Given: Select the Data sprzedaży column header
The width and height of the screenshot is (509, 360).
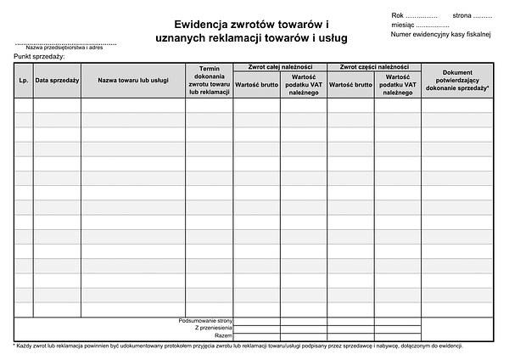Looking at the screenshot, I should click(x=57, y=80).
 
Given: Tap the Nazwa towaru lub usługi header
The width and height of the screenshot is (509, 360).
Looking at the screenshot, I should click(x=132, y=80).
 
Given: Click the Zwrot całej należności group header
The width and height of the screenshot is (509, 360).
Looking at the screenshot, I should click(x=279, y=66).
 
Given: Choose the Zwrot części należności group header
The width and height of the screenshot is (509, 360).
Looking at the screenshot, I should click(x=373, y=66).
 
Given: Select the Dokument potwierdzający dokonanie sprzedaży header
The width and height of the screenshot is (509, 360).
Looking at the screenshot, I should click(x=457, y=80).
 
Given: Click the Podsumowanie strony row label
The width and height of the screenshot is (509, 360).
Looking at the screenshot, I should click(x=205, y=320).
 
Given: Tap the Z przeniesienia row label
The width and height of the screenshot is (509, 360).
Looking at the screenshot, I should click(x=213, y=328).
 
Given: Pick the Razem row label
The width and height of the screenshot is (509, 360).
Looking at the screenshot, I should click(x=223, y=335).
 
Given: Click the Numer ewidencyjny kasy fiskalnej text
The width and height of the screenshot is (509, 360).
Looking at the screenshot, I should click(x=435, y=36).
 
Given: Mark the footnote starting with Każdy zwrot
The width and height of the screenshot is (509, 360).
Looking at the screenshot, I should click(x=238, y=346).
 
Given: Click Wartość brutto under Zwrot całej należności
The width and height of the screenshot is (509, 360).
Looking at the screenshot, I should click(x=256, y=84).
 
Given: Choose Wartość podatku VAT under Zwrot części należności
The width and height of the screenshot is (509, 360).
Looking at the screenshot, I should click(x=398, y=84).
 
